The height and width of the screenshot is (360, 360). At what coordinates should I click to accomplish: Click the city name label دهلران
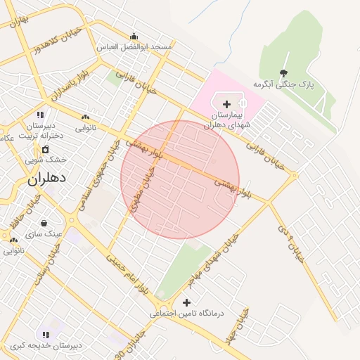coord(47,179)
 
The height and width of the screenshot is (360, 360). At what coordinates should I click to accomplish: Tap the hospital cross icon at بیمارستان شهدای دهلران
coord(226,104)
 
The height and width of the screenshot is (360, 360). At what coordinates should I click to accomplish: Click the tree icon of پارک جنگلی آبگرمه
coord(283,73)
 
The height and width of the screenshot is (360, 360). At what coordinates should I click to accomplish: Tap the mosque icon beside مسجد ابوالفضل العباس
coord(134,37)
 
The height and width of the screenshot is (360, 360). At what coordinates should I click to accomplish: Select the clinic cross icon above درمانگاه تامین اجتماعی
coord(186,302)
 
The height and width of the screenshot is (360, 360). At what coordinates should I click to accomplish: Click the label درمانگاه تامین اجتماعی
coord(186,314)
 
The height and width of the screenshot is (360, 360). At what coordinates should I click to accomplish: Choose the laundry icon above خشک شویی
coord(46,149)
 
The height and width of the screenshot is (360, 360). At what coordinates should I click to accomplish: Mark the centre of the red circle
coord(180,179)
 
